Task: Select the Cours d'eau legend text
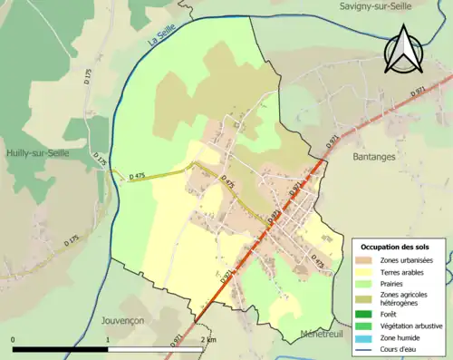(x=402, y=347)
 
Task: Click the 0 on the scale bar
(x=13, y=340)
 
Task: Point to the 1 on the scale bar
(x=109, y=340)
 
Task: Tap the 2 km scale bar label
(x=209, y=340)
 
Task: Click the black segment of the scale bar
(x=61, y=349)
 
